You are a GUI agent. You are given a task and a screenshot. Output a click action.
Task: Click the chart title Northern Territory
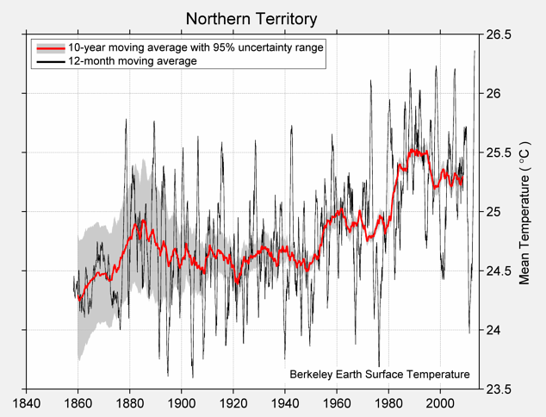(x=251, y=19)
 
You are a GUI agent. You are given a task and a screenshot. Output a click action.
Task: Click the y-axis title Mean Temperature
(x=524, y=211)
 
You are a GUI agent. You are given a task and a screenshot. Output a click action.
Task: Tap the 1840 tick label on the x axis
(x=26, y=403)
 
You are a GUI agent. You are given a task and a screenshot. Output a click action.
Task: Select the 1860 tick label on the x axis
(x=78, y=403)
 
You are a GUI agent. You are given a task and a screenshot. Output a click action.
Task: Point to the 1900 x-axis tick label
(x=181, y=403)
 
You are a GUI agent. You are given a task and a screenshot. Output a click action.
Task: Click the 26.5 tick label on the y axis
(x=498, y=34)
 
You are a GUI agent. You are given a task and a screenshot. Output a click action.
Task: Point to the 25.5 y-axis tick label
(x=498, y=152)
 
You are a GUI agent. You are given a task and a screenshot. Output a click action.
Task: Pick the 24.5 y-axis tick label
(x=498, y=271)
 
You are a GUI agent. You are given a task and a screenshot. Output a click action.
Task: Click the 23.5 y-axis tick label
(x=498, y=389)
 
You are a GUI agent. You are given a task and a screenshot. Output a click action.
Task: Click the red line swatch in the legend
(x=49, y=48)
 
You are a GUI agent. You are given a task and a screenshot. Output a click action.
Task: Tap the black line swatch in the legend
(x=49, y=61)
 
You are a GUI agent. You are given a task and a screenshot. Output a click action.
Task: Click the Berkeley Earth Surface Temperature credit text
(x=379, y=374)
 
